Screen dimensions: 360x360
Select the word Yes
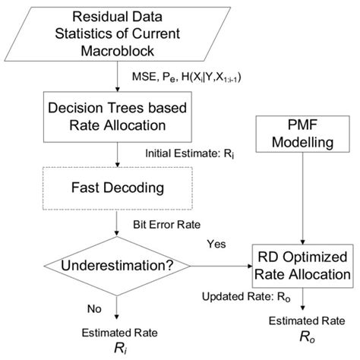pyautogui.click(x=216, y=244)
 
